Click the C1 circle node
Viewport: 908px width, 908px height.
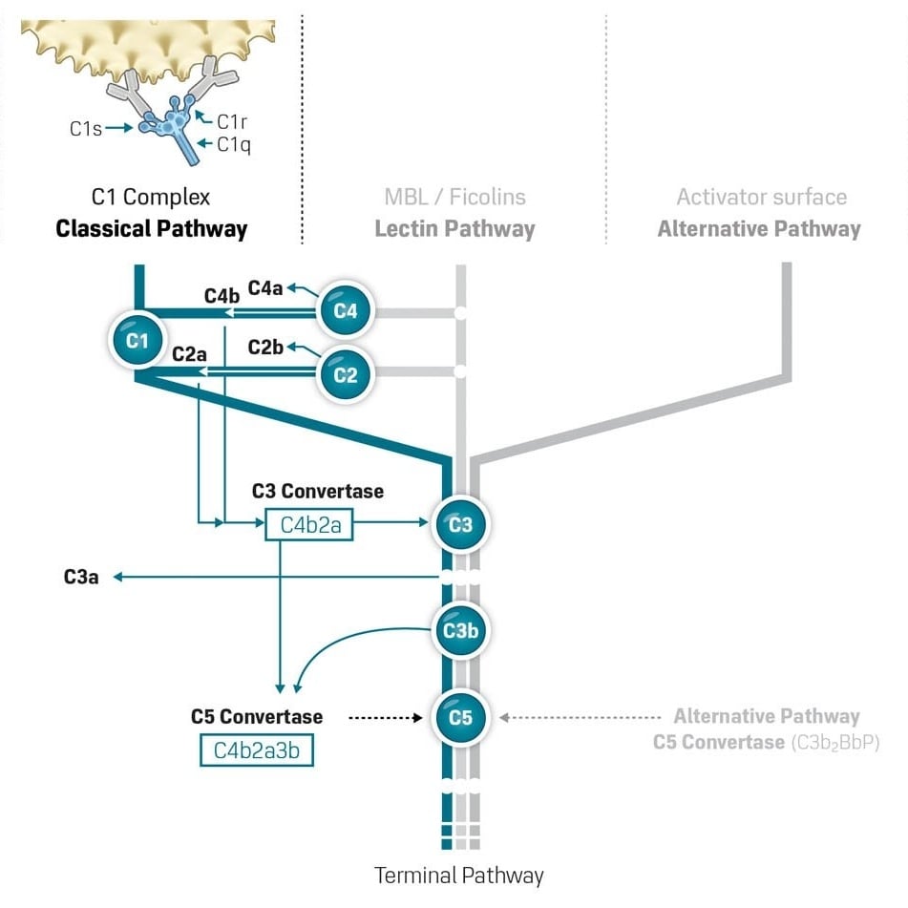pyautogui.click(x=137, y=340)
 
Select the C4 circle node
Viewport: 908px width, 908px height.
pyautogui.click(x=346, y=310)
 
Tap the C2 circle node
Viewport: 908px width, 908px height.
pyautogui.click(x=346, y=374)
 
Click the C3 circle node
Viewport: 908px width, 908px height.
pyautogui.click(x=460, y=524)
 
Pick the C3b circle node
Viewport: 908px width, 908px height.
pyautogui.click(x=460, y=630)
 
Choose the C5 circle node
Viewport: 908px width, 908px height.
pyautogui.click(x=460, y=717)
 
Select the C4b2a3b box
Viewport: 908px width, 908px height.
pyautogui.click(x=256, y=750)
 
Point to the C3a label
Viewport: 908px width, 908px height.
pyautogui.click(x=81, y=577)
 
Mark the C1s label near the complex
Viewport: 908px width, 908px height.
pyautogui.click(x=85, y=127)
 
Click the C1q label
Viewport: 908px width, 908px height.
pyautogui.click(x=234, y=145)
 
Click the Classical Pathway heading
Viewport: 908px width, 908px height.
pyautogui.click(x=151, y=229)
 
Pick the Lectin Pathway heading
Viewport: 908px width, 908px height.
pyautogui.click(x=454, y=229)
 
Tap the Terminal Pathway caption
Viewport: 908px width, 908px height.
pyautogui.click(x=459, y=875)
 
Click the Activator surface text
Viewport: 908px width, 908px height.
pyautogui.click(x=761, y=198)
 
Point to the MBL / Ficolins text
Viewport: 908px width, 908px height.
pyautogui.click(x=454, y=198)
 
